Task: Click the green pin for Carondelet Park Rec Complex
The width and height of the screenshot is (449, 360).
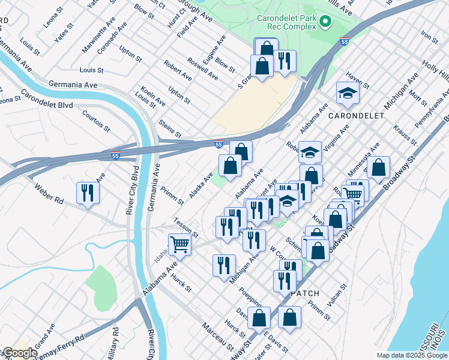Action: (x=325, y=23)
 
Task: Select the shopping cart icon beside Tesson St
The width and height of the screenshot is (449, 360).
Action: (x=180, y=244)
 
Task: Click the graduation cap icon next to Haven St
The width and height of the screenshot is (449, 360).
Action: (x=348, y=93)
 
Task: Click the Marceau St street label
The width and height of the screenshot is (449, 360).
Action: (x=217, y=336)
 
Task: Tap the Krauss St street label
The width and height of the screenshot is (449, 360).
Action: (x=405, y=135)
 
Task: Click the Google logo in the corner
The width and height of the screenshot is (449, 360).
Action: (x=19, y=353)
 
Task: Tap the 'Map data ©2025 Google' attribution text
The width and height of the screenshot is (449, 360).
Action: (x=412, y=355)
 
